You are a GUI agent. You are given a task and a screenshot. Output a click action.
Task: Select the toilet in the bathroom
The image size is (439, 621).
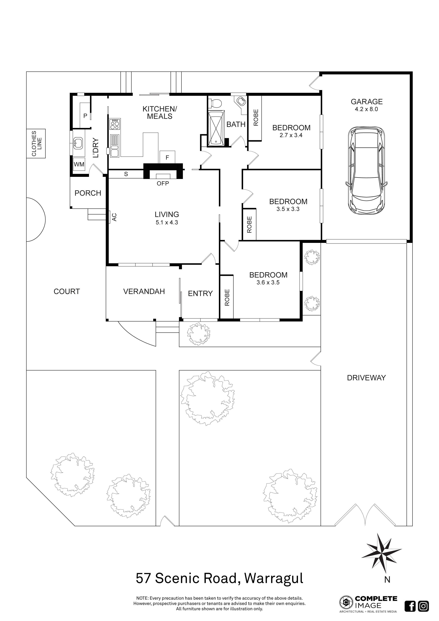point(216,103)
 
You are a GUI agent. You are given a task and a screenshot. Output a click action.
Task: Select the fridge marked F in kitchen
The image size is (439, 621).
point(167,157)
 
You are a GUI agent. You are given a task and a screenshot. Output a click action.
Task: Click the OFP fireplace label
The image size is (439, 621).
point(163,183)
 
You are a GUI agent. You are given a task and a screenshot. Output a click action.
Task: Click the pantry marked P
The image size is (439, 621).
point(85,116)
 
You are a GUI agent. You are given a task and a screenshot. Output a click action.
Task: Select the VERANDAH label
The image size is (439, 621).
point(144,291)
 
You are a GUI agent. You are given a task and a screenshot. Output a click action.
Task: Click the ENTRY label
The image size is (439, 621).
point(200,294)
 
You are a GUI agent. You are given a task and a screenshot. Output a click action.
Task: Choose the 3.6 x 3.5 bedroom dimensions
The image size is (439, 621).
point(268,282)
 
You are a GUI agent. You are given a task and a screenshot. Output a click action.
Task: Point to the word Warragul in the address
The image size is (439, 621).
point(274,578)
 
